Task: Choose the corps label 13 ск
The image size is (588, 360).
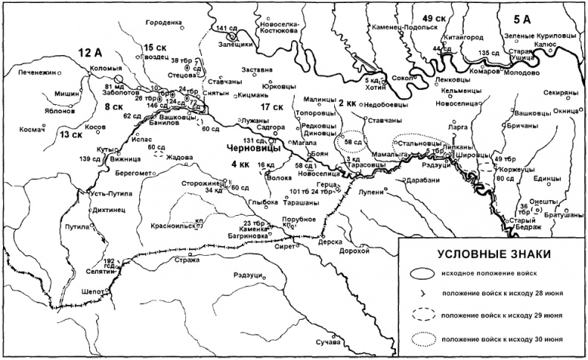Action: pyautogui.click(x=71, y=135)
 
